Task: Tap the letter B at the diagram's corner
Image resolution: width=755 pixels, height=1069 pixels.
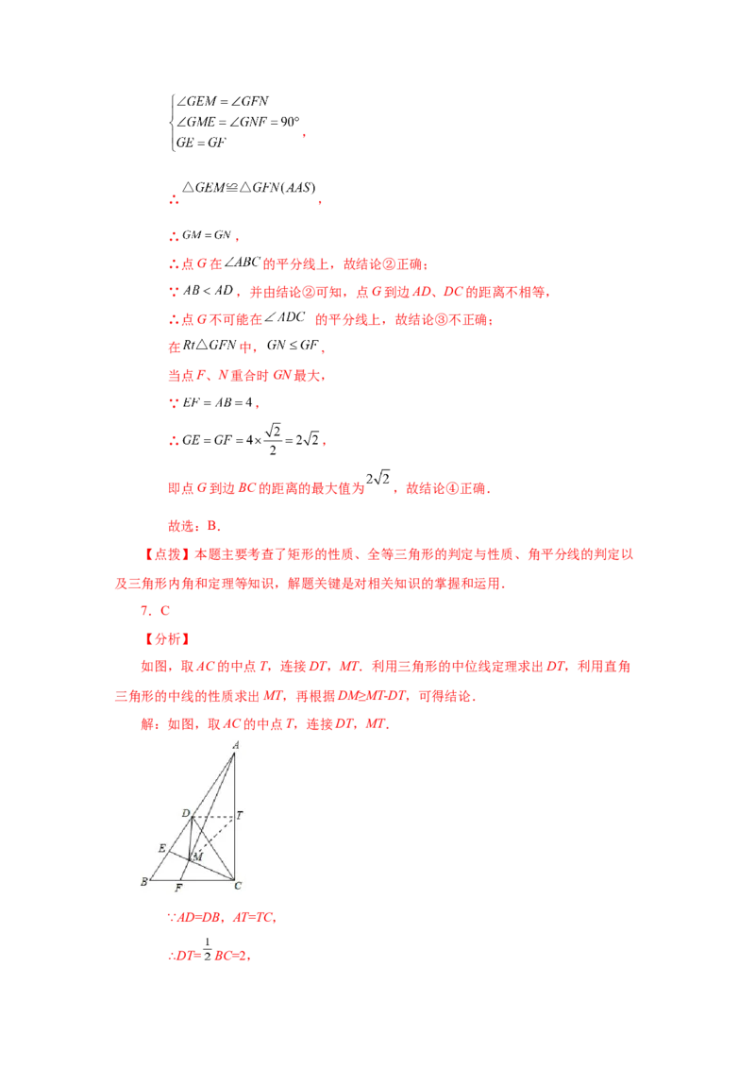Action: [143, 882]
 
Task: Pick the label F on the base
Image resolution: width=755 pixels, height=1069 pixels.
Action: [178, 889]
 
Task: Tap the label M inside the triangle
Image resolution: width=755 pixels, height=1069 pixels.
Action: [198, 857]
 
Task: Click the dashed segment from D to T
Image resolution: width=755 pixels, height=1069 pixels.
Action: [213, 817]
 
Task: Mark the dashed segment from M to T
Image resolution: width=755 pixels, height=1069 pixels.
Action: [213, 836]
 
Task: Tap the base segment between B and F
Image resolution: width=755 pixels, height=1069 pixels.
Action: [164, 880]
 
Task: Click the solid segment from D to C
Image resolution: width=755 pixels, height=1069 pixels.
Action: [213, 848]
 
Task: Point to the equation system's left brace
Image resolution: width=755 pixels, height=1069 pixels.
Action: [170, 122]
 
